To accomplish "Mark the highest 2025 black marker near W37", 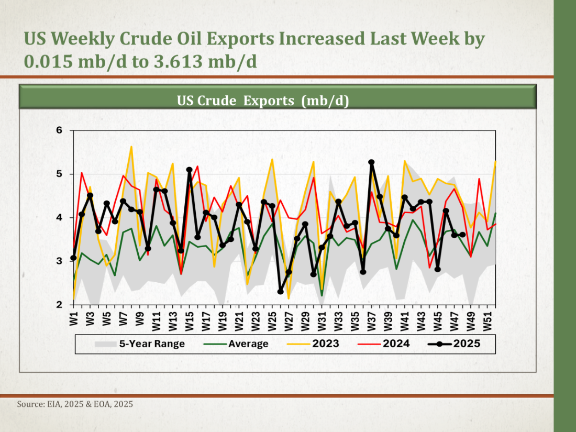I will (371, 162).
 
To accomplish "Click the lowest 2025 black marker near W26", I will (281, 292).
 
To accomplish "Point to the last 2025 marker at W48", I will (462, 235).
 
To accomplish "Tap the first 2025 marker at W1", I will (73, 257).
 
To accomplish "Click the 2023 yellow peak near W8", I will (131, 147).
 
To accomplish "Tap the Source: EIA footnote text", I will (75, 404).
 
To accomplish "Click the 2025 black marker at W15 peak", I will (190, 170).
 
